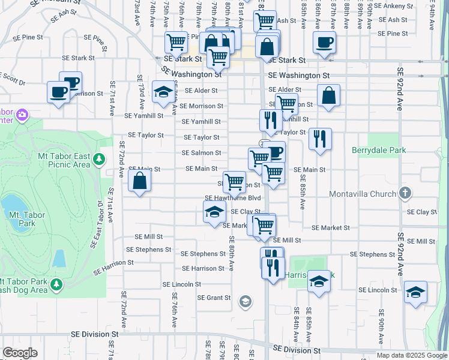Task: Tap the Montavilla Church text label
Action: point(363,194)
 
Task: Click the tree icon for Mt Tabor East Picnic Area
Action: point(100,159)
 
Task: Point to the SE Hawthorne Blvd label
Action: point(233,198)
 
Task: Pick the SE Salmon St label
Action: point(202,153)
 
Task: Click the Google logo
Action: point(20,352)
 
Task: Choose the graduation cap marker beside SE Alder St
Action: point(162,91)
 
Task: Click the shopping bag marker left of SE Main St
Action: point(139,181)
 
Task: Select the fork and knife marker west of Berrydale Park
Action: point(319,139)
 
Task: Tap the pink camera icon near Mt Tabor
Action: point(23,113)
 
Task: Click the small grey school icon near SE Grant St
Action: point(245,301)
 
